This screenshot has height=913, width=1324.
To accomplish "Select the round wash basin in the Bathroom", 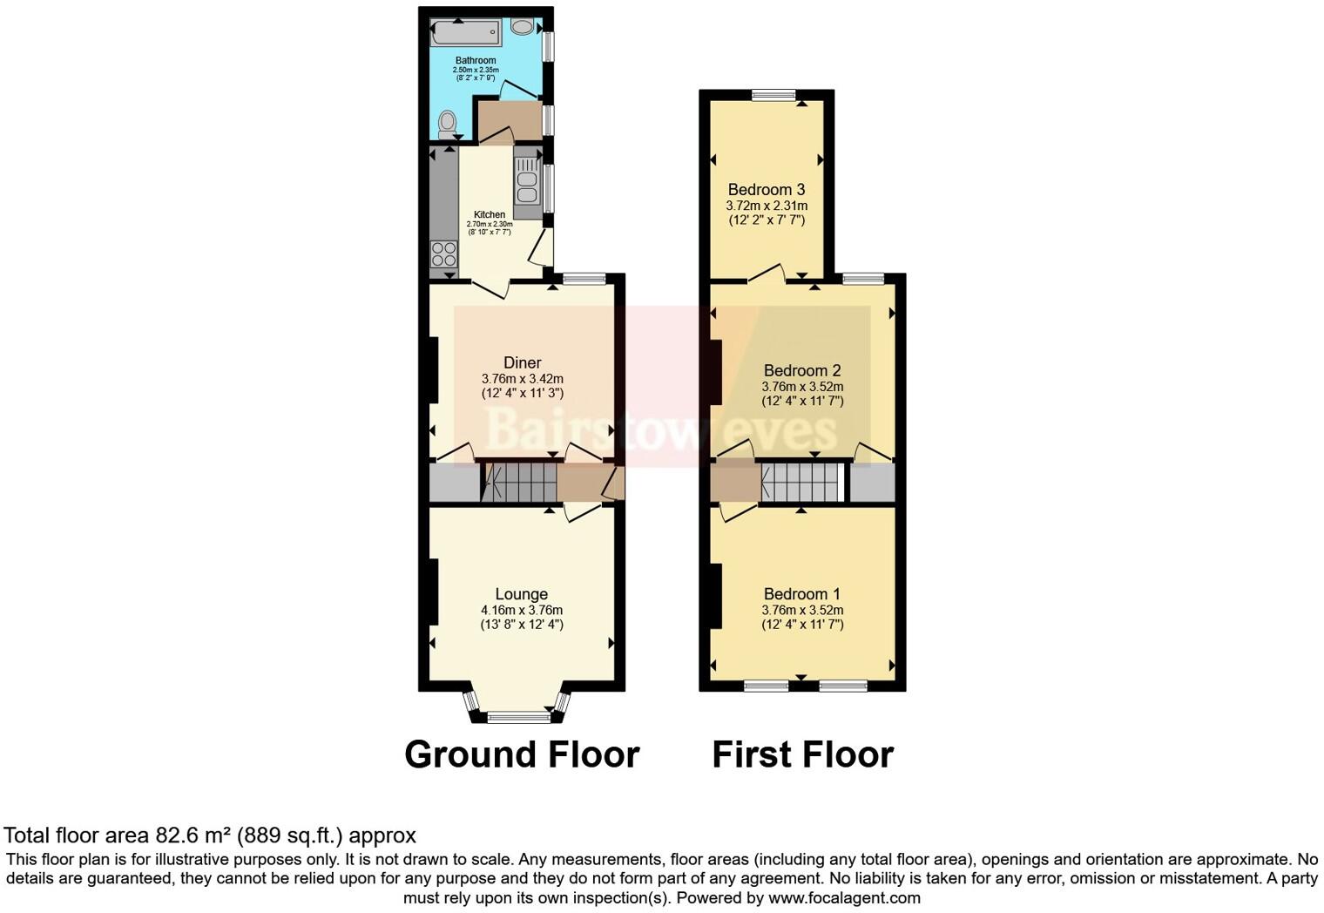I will point(523,27).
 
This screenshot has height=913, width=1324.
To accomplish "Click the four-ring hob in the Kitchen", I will point(443,254).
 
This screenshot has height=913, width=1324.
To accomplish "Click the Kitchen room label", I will point(489,214).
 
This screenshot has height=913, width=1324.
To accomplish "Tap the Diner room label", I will point(522,362).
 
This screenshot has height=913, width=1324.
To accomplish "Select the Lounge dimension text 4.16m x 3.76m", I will point(521,610).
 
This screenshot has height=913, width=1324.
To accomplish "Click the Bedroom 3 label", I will point(766,190).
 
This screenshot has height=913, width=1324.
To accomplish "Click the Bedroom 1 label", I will point(801,594).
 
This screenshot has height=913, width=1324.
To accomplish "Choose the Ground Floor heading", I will point(522,754).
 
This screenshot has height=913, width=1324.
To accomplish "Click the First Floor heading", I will point(802,754).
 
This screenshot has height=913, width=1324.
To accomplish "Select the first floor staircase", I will point(800,483).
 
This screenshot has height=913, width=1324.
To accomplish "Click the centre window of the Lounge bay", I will point(518,718).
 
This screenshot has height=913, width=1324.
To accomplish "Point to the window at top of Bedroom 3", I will point(773,95).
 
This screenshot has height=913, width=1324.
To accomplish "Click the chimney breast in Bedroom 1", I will point(716,596).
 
